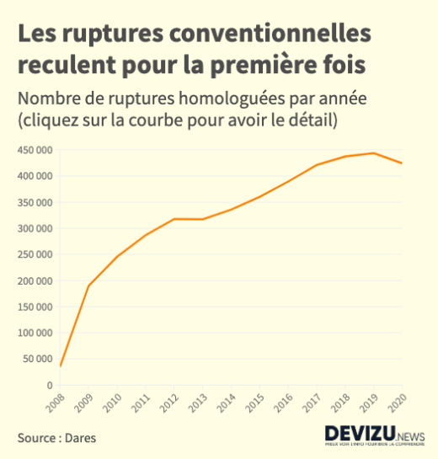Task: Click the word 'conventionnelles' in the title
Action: (269, 34)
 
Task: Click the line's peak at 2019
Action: (374, 153)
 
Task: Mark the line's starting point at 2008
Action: (61, 366)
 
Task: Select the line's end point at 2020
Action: (403, 163)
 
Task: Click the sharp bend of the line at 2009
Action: (88, 286)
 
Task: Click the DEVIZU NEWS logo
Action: (375, 435)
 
